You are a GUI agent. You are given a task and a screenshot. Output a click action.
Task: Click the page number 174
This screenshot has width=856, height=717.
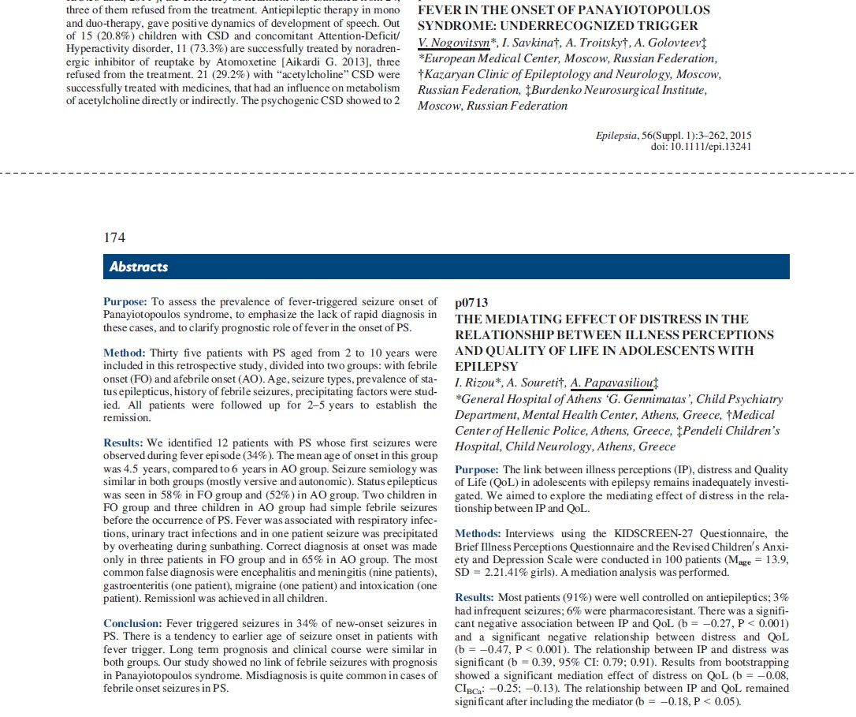(x=114, y=237)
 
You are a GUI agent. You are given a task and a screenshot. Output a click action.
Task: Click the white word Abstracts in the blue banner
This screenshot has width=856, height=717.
(x=139, y=267)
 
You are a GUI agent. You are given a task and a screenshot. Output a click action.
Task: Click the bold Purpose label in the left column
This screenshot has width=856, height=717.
(x=125, y=302)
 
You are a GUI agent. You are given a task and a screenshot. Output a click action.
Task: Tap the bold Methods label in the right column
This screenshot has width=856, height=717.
(x=478, y=534)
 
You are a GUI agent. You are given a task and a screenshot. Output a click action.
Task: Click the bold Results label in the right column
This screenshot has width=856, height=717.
(x=475, y=599)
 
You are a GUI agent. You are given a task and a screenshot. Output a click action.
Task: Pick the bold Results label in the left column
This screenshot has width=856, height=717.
(x=123, y=443)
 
